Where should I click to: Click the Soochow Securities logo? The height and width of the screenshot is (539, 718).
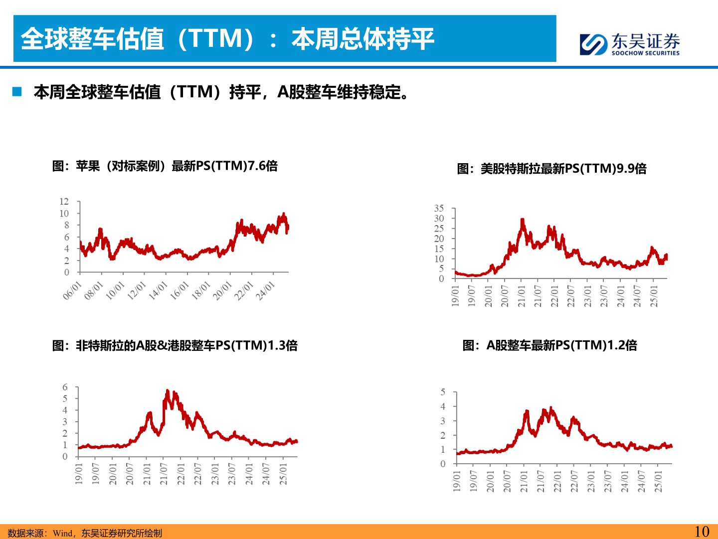click(x=629, y=44)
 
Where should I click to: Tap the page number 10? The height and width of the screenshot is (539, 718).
click(x=702, y=532)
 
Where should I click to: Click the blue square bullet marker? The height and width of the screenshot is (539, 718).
click(x=17, y=91)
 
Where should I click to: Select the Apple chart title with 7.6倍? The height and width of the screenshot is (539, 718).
click(x=165, y=166)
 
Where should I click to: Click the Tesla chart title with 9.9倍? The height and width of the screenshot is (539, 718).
click(x=551, y=169)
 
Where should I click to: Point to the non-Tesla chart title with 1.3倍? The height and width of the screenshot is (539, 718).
click(x=175, y=345)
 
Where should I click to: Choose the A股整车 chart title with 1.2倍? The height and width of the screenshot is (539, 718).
click(x=549, y=345)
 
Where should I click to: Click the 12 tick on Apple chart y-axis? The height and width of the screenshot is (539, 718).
click(x=64, y=202)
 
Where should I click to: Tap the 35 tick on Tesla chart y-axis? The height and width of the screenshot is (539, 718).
click(x=439, y=208)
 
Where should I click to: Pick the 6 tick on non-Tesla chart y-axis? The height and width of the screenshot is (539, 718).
click(x=65, y=387)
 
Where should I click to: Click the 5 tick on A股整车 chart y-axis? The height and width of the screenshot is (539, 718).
click(x=443, y=392)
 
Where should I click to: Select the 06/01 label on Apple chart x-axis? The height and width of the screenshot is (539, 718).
click(x=72, y=290)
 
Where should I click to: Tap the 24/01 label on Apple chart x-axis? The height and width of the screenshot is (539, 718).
click(x=265, y=290)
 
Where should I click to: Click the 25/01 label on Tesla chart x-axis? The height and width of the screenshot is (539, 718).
click(x=654, y=296)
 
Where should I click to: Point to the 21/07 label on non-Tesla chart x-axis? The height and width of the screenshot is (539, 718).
click(x=163, y=474)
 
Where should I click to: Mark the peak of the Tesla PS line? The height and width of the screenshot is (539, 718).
click(x=522, y=220)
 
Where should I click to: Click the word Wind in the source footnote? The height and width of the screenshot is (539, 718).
click(x=62, y=533)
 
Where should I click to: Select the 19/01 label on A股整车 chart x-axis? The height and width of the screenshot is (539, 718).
click(x=457, y=481)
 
